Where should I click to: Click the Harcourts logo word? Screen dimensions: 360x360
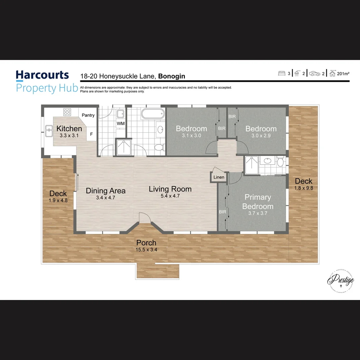click(x=42, y=75)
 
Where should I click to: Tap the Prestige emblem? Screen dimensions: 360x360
click(x=340, y=281)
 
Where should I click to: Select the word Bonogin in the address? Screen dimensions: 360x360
click(x=172, y=76)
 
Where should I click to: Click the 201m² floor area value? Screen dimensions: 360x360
click(x=343, y=74)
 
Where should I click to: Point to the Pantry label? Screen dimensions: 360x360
click(x=88, y=115)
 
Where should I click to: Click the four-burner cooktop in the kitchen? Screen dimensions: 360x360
click(x=67, y=112)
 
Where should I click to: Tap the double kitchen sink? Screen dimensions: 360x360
click(x=49, y=131)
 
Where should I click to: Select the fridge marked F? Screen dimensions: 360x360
click(x=91, y=134)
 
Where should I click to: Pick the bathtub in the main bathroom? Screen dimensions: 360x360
click(x=153, y=114)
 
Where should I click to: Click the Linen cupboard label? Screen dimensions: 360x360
click(x=219, y=177)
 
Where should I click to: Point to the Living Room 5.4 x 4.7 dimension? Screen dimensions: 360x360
click(x=170, y=196)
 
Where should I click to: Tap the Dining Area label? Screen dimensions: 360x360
click(x=106, y=191)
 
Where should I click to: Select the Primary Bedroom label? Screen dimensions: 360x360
click(x=258, y=202)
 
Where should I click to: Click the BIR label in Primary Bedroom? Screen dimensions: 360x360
click(x=222, y=212)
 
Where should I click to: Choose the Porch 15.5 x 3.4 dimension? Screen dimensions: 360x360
click(x=146, y=249)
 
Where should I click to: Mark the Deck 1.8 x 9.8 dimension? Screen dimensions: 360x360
click(x=303, y=188)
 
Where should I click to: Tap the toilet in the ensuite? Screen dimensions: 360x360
click(x=281, y=162)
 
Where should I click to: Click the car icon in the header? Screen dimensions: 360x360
click(x=315, y=74)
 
